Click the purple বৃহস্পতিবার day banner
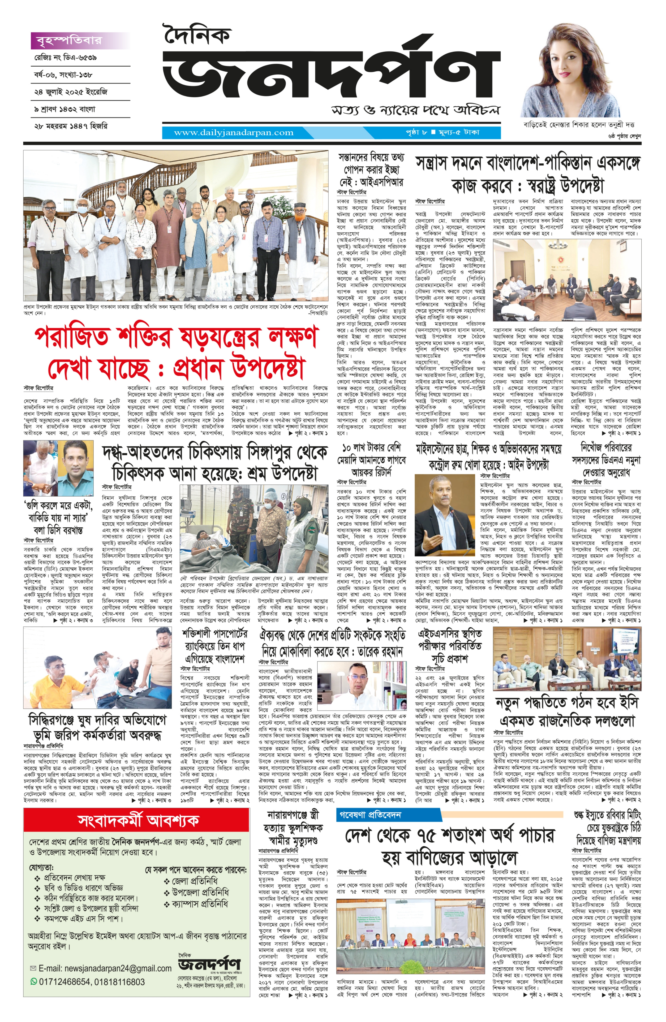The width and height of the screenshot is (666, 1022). [69, 40]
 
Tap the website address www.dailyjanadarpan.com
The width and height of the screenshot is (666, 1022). [234, 133]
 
